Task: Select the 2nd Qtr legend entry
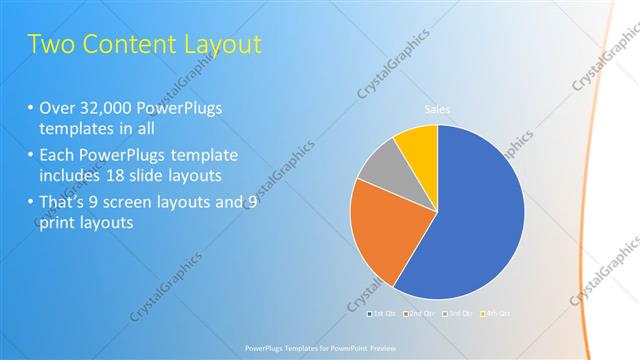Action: [x=419, y=314]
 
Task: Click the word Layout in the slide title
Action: [x=217, y=44]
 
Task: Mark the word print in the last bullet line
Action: [x=60, y=223]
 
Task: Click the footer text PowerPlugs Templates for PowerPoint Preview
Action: [x=320, y=349]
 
